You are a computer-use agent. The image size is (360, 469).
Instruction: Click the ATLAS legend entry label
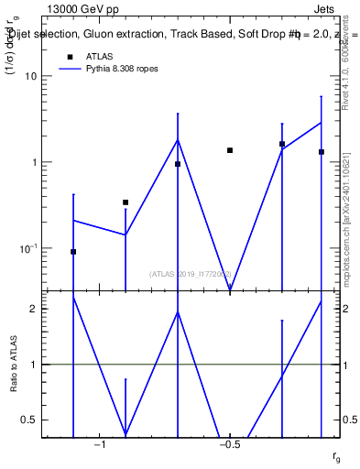click(x=99, y=56)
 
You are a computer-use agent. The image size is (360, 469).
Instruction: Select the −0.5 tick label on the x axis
click(x=229, y=445)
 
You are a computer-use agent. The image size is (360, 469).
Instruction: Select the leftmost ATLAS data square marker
click(x=73, y=251)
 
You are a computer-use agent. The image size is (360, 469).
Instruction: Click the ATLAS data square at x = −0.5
click(x=230, y=150)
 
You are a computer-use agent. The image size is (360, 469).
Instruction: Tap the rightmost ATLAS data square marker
click(x=322, y=152)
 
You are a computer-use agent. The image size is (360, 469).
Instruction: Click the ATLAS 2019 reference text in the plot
click(x=191, y=273)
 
